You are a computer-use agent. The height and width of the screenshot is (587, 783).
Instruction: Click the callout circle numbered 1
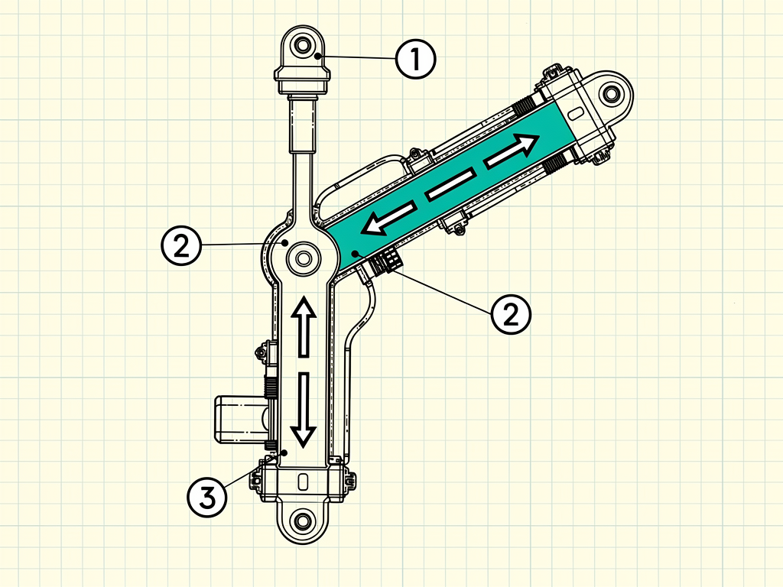(x=415, y=59)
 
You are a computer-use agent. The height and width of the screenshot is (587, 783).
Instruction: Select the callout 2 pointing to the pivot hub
(x=181, y=245)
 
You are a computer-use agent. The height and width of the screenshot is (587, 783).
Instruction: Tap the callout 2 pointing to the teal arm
(x=511, y=314)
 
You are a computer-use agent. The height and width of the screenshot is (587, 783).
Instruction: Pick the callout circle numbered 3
(x=207, y=497)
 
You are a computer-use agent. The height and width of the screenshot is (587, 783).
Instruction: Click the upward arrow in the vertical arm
(x=304, y=326)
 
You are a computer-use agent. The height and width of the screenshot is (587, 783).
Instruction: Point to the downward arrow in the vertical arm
(x=304, y=410)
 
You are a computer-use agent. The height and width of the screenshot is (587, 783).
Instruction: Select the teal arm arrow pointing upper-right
(x=512, y=150)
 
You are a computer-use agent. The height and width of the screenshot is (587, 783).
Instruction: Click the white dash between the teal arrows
(x=450, y=185)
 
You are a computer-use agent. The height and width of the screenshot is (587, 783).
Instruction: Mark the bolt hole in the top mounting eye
(x=302, y=45)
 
